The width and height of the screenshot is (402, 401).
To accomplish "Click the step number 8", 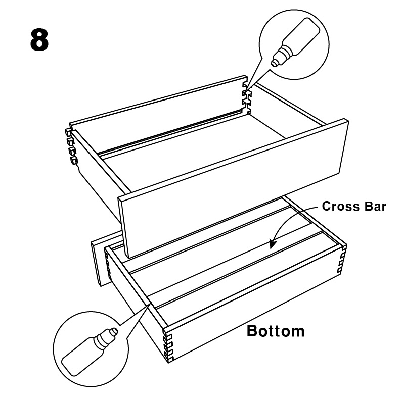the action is (39, 40).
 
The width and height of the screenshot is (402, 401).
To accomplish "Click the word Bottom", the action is (276, 331).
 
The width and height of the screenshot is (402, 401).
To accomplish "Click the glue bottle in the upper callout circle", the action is (296, 42).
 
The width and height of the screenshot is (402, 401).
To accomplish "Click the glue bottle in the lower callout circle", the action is (90, 352).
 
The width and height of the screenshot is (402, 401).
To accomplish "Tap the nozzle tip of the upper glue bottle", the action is (274, 64).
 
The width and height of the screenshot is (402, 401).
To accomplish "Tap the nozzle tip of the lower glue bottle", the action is (115, 331).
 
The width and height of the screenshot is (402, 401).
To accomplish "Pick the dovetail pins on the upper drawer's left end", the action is (71, 146).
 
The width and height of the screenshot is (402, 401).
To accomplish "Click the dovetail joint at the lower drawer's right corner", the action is (342, 259).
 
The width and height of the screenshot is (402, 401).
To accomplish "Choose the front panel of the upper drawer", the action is (233, 188).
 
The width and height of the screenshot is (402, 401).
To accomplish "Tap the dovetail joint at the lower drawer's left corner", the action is (108, 265).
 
